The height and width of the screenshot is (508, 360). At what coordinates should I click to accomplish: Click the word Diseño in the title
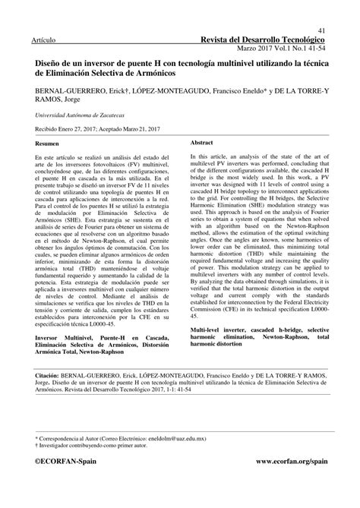[x=49, y=66]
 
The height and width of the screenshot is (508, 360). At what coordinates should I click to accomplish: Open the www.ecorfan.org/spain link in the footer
[x=292, y=461]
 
